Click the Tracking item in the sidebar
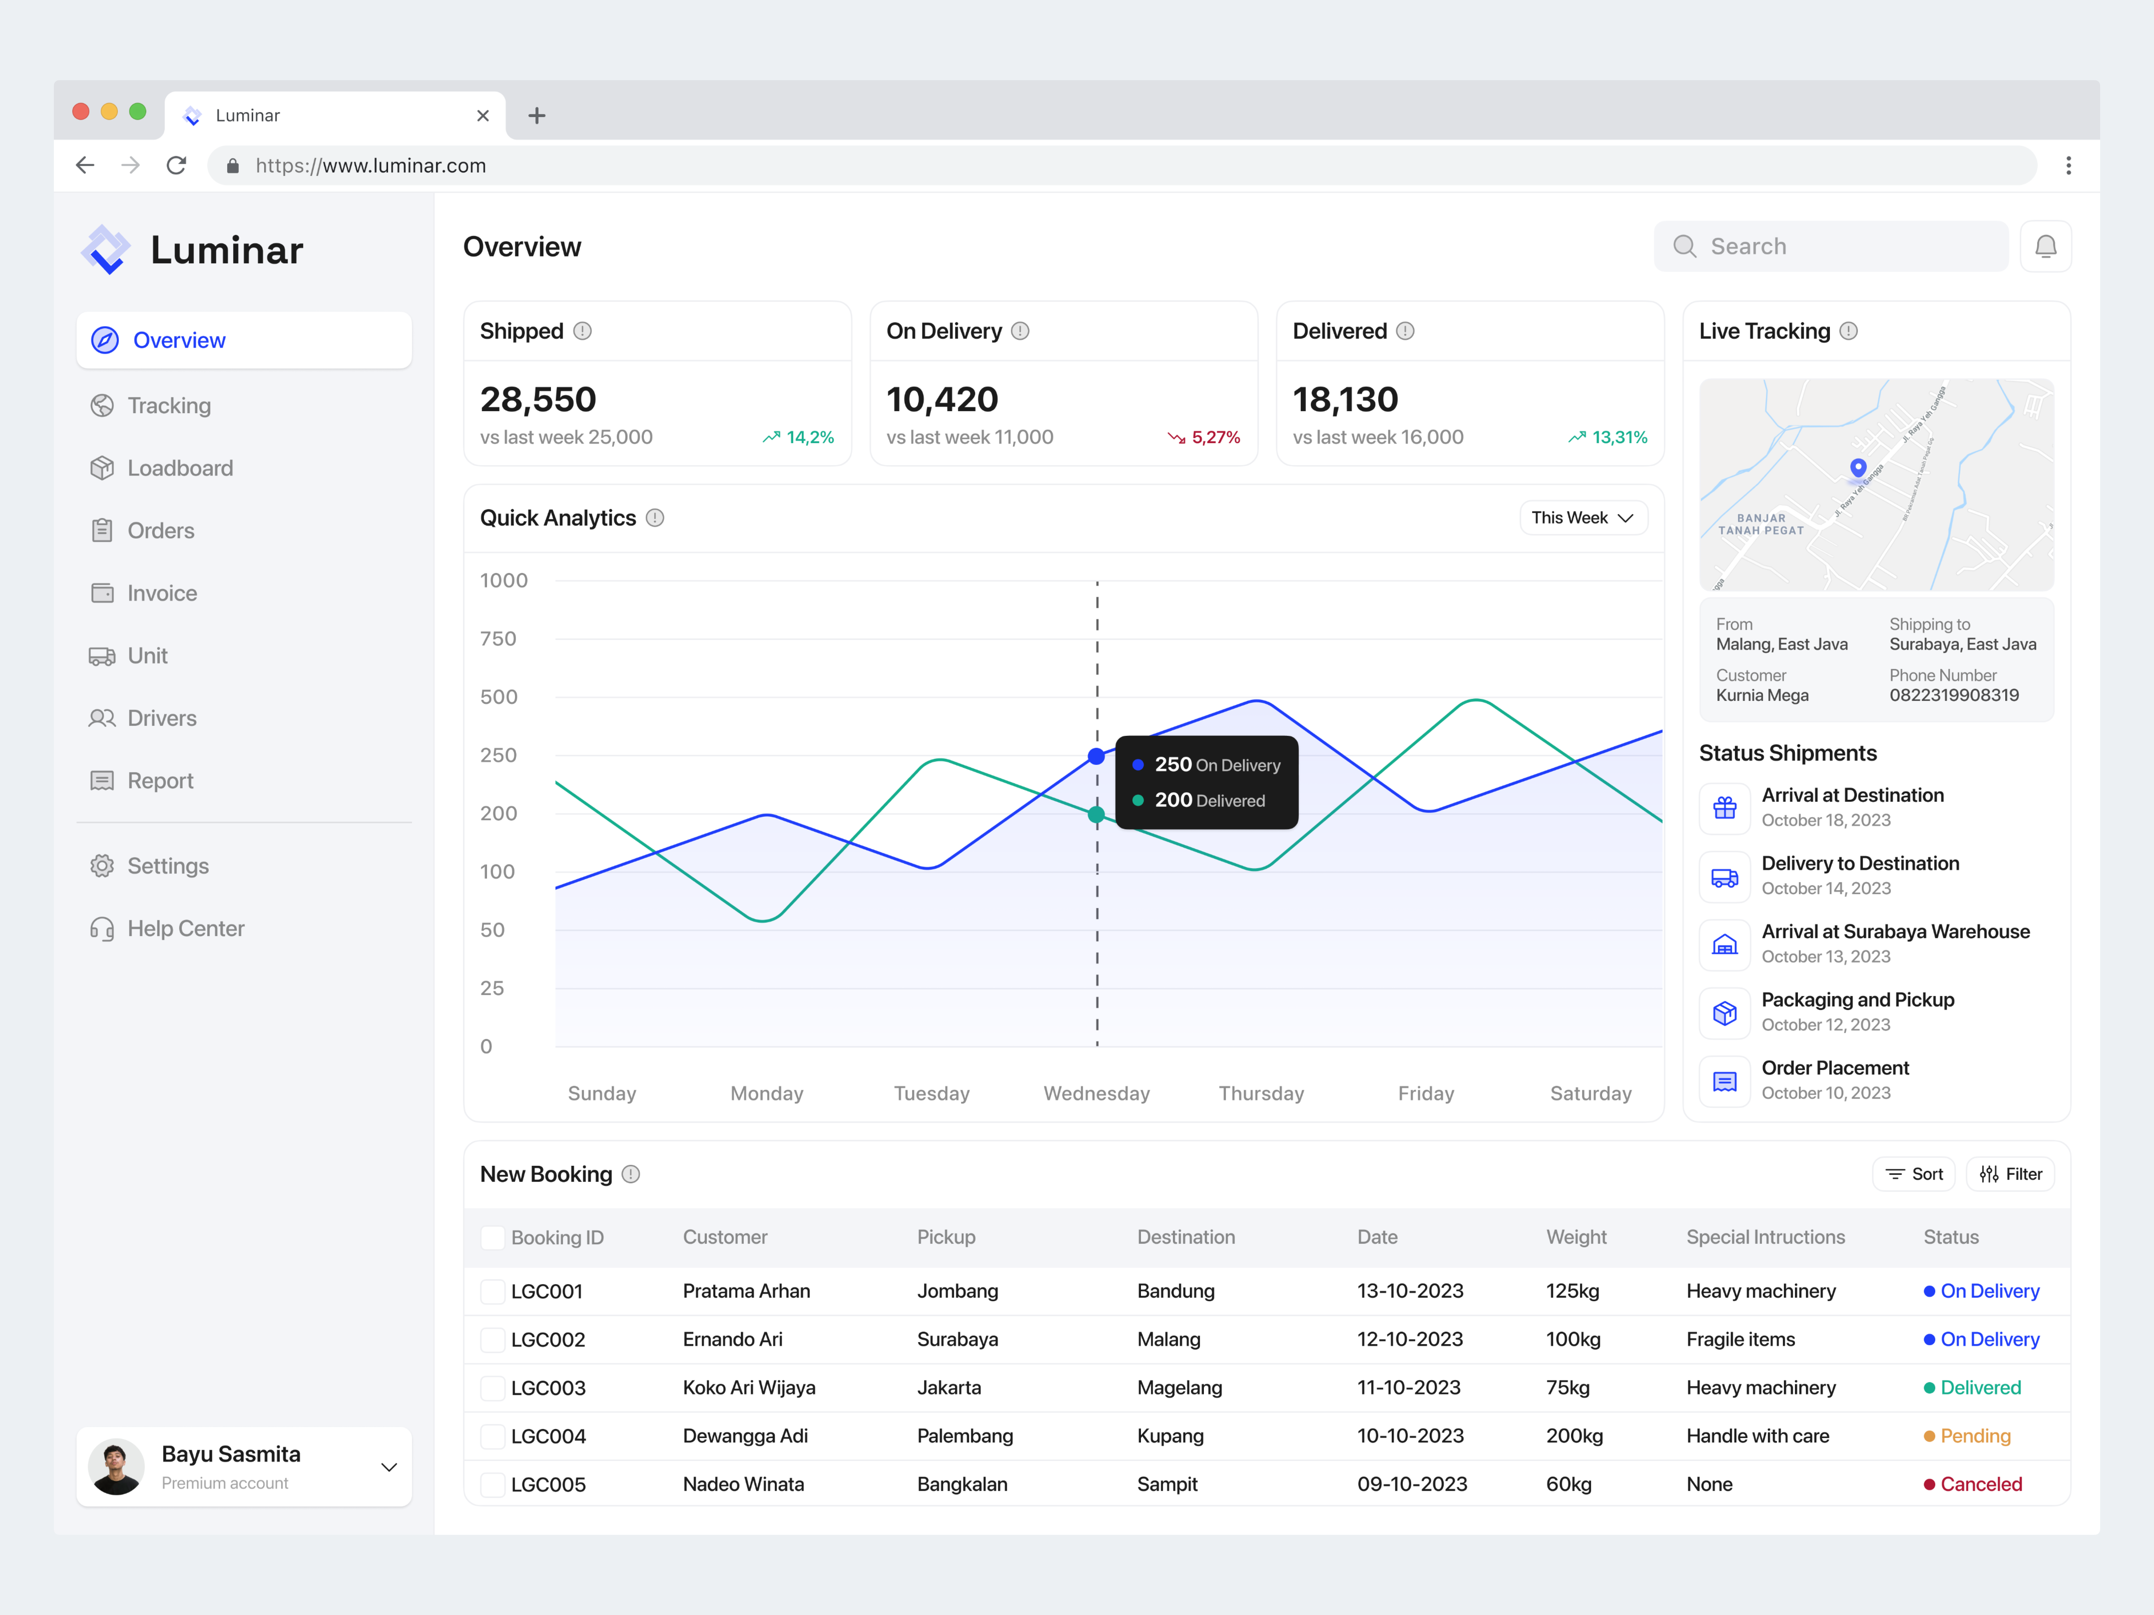click(169, 406)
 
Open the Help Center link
click(185, 929)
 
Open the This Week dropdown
click(1583, 518)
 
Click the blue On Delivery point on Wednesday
click(1097, 756)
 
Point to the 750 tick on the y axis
click(497, 639)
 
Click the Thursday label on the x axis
click(1261, 1093)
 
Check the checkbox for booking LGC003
click(493, 1388)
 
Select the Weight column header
click(1575, 1237)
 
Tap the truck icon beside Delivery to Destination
click(1725, 877)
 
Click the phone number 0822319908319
click(1953, 695)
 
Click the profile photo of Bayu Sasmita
click(116, 1467)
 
